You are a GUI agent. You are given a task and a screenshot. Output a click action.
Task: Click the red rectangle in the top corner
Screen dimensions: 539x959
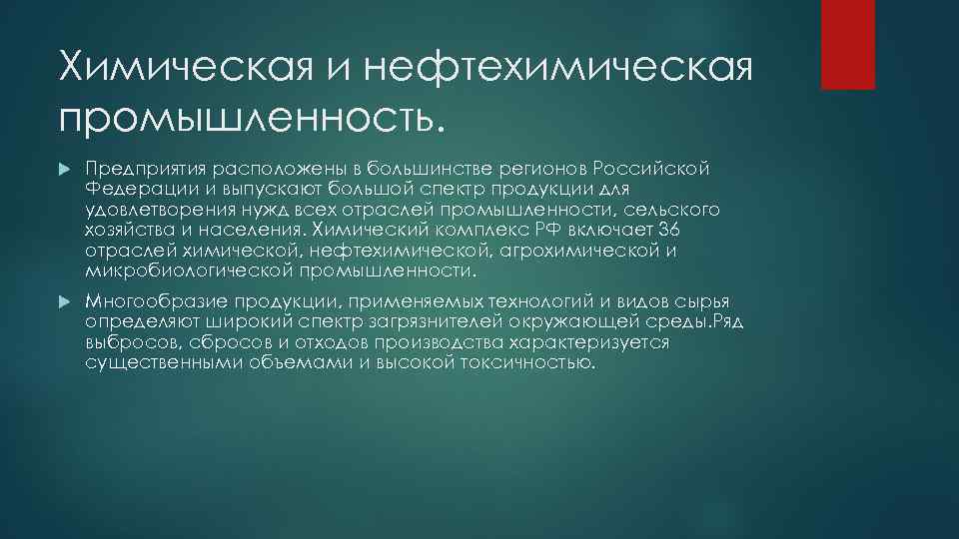847,44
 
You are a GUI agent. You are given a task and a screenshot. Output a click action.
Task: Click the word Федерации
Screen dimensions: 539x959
138,189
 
